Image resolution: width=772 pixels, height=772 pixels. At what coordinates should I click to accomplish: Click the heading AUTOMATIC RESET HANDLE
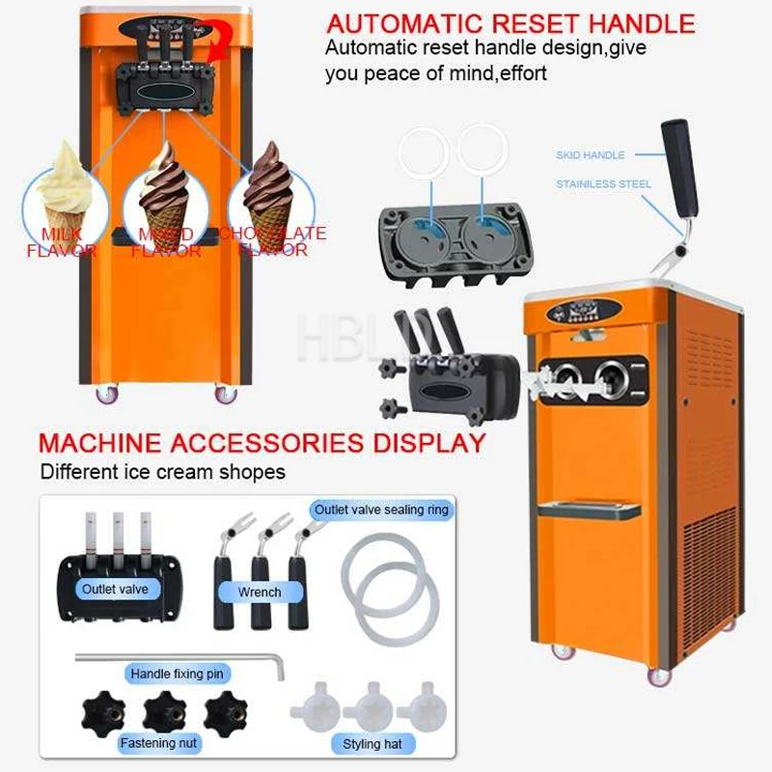[x=511, y=23]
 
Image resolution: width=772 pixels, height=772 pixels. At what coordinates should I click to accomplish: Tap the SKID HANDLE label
[x=591, y=154]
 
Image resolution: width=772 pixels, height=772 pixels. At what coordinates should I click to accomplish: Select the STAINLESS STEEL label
[x=603, y=183]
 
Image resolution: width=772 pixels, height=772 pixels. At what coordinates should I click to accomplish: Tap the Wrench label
[x=260, y=592]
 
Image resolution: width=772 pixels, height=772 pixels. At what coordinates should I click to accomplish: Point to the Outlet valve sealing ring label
[x=382, y=510]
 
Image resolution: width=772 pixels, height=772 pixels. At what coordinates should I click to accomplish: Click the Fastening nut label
[x=160, y=743]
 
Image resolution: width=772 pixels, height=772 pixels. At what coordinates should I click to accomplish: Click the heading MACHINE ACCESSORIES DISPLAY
[x=262, y=444]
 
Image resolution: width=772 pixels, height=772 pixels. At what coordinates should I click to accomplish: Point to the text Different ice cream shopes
[x=163, y=472]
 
